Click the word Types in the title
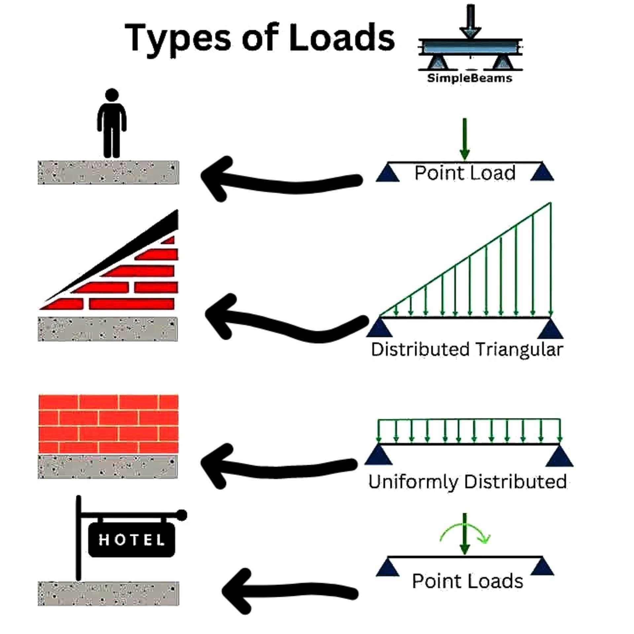coord(178,39)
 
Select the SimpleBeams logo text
coord(470,78)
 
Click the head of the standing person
coord(112,94)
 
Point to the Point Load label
coord(465,173)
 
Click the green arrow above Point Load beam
coord(465,139)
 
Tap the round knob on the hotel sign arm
coord(181,515)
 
